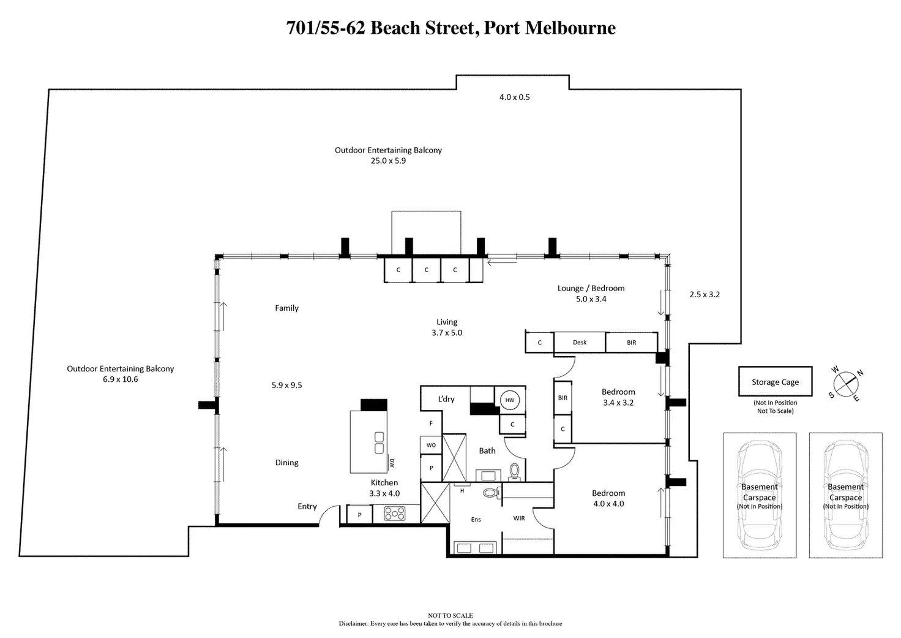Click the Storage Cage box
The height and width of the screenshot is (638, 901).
point(775,382)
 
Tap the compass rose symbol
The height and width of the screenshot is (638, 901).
point(845,384)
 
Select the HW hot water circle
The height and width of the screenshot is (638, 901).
point(510,400)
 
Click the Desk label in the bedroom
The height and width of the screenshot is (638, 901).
point(580,343)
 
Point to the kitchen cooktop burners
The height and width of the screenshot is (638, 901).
point(395,514)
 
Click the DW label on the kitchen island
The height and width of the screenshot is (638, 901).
point(392,463)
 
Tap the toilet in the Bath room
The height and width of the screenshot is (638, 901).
point(515,471)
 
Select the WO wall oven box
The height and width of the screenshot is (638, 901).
point(431,445)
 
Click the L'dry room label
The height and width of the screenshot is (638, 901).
point(446,399)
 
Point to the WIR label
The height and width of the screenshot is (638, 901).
point(519,518)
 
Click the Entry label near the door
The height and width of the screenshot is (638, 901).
point(307,506)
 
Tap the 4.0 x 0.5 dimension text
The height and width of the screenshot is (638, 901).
point(514,97)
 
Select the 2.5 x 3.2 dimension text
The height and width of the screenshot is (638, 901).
point(705,294)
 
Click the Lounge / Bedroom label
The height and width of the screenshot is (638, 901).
point(591,288)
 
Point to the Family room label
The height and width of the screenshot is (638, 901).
point(286,308)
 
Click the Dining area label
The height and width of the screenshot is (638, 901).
point(286,463)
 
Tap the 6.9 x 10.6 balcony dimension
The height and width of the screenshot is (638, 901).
point(121,379)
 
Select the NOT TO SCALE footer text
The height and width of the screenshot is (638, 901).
point(450,616)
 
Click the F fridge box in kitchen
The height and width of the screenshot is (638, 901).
point(431,423)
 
